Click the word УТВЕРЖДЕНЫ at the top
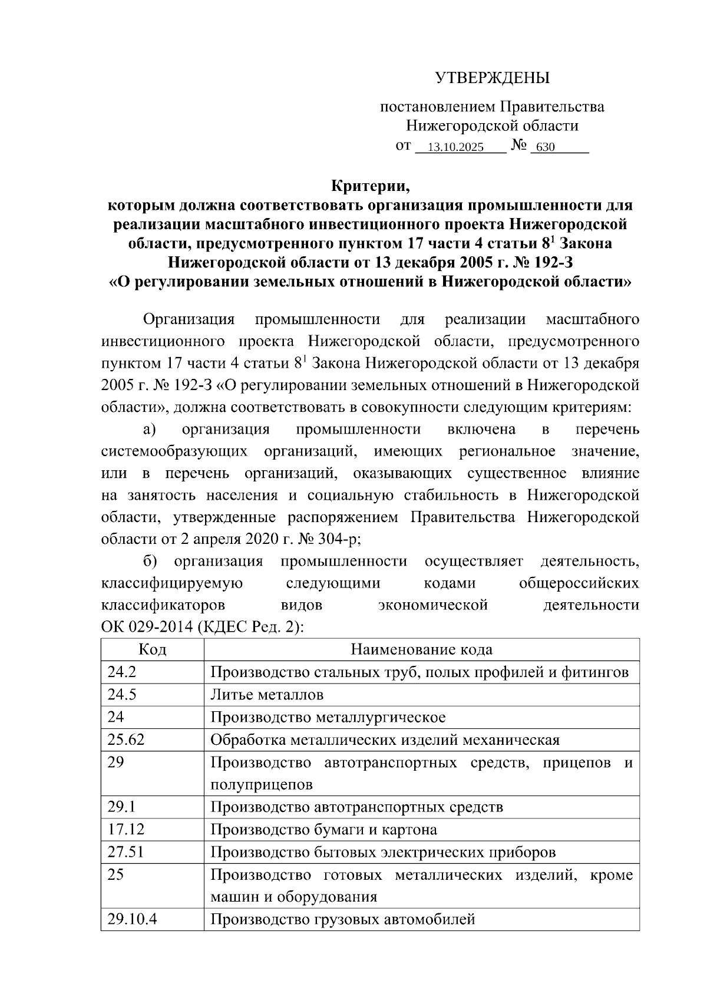click(x=492, y=78)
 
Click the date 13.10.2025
click(x=455, y=147)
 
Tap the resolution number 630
click(x=546, y=147)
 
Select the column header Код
click(x=152, y=650)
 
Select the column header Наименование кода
click(x=421, y=650)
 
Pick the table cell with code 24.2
click(x=122, y=672)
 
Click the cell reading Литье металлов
click(x=267, y=695)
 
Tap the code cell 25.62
click(x=126, y=740)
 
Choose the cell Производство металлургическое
click(x=328, y=717)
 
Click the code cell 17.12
click(x=126, y=830)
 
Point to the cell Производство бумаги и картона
click(x=323, y=830)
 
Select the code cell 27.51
click(x=126, y=852)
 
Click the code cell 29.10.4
click(x=132, y=919)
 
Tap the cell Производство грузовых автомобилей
click(x=342, y=919)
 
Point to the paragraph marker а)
click(x=149, y=430)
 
